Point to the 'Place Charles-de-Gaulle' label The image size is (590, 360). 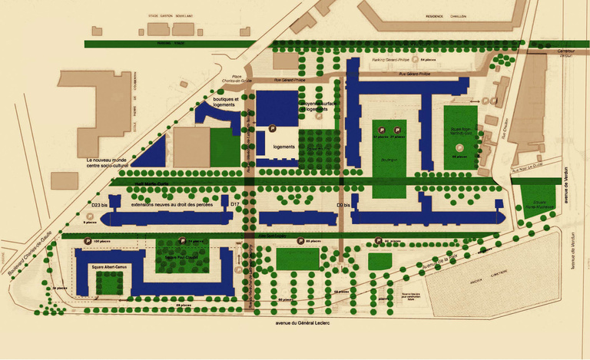[232, 79]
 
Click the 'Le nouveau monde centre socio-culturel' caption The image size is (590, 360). [115, 162]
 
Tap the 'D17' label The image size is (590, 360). [236, 205]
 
